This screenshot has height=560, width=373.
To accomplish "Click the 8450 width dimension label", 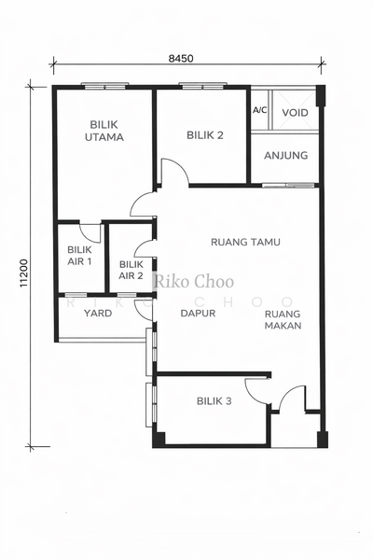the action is tap(181, 59).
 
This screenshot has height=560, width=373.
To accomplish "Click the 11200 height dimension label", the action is tap(23, 273).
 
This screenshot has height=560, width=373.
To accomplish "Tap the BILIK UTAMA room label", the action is tap(104, 131).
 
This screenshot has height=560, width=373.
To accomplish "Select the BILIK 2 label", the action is tap(205, 135).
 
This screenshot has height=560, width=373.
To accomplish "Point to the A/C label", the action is tap(260, 110).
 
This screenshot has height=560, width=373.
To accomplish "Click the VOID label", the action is tap(296, 113).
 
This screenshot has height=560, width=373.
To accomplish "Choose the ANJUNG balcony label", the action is tap(286, 155).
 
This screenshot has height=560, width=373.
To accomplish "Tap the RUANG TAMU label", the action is tap(245, 242).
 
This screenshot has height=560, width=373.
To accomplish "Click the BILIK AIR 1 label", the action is tap(79, 256).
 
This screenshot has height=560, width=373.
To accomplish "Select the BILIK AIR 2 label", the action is tap(131, 270).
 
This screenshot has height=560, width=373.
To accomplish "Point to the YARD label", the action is tap(98, 314).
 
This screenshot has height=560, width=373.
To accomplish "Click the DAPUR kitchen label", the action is tap(198, 314).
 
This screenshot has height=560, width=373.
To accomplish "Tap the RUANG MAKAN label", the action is tap(283, 319).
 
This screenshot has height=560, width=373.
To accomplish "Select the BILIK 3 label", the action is tap(214, 401).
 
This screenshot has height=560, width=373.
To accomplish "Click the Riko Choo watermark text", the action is tap(194, 282).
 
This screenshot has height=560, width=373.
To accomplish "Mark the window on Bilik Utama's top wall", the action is tap(104, 86).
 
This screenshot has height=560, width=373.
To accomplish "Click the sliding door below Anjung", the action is tap(288, 186).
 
